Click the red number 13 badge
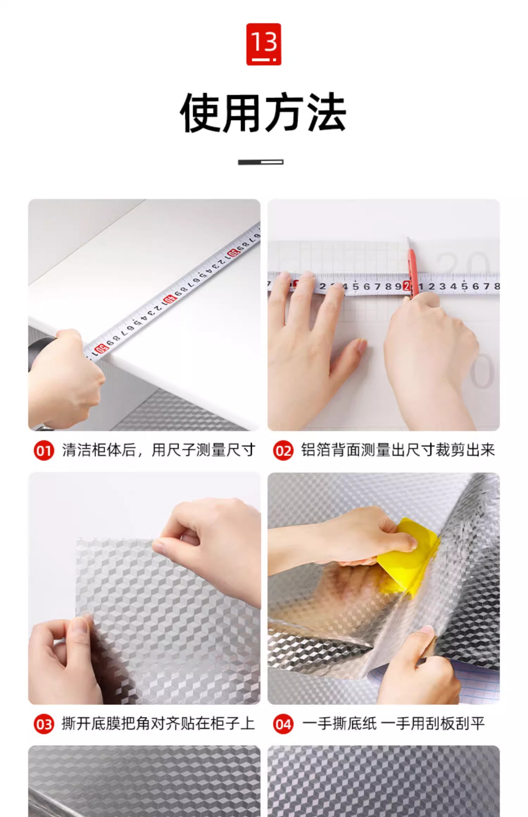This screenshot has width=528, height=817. [263, 44]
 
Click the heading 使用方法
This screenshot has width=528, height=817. [263, 113]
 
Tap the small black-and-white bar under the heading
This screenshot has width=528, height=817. [261, 162]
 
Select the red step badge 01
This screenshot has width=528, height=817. [44, 451]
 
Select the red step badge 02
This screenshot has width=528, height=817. [283, 451]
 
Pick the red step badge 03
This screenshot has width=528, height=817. [44, 724]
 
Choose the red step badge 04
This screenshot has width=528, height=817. [283, 724]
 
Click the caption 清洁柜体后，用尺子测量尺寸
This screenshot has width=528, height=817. [158, 450]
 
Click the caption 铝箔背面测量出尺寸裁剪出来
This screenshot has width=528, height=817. [398, 450]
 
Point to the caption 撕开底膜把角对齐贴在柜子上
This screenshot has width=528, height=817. [158, 724]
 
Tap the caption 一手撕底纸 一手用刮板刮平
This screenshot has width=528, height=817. [394, 724]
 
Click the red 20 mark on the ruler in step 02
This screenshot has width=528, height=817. [407, 286]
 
